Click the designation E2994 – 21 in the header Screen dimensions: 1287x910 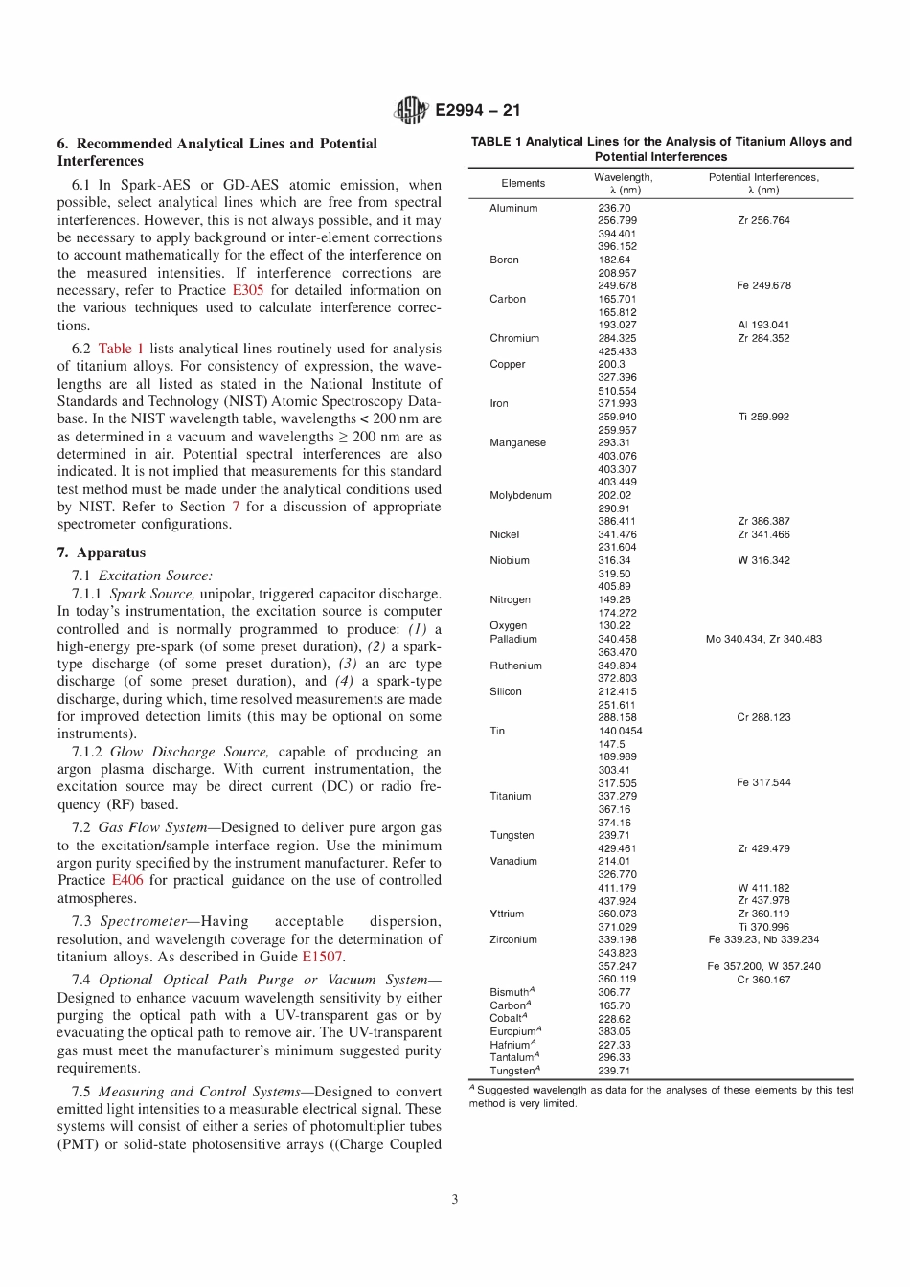(478, 110)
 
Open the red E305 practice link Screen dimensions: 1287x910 (248, 290)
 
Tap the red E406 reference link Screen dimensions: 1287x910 (126, 880)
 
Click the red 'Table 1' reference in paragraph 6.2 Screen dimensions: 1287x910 (121, 349)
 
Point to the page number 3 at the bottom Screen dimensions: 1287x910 (455, 1199)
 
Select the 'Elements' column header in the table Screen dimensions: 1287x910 (523, 183)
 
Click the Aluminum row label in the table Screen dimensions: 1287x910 (513, 208)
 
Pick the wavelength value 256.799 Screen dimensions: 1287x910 (617, 220)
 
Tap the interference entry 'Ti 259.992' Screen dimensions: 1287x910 (763, 417)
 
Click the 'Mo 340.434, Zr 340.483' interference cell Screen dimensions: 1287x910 (763, 639)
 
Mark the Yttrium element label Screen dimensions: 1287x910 (507, 914)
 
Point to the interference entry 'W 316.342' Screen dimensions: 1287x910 (763, 560)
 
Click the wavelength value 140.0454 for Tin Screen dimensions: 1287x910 (620, 731)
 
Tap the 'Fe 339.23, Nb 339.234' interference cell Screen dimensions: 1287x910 (763, 939)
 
